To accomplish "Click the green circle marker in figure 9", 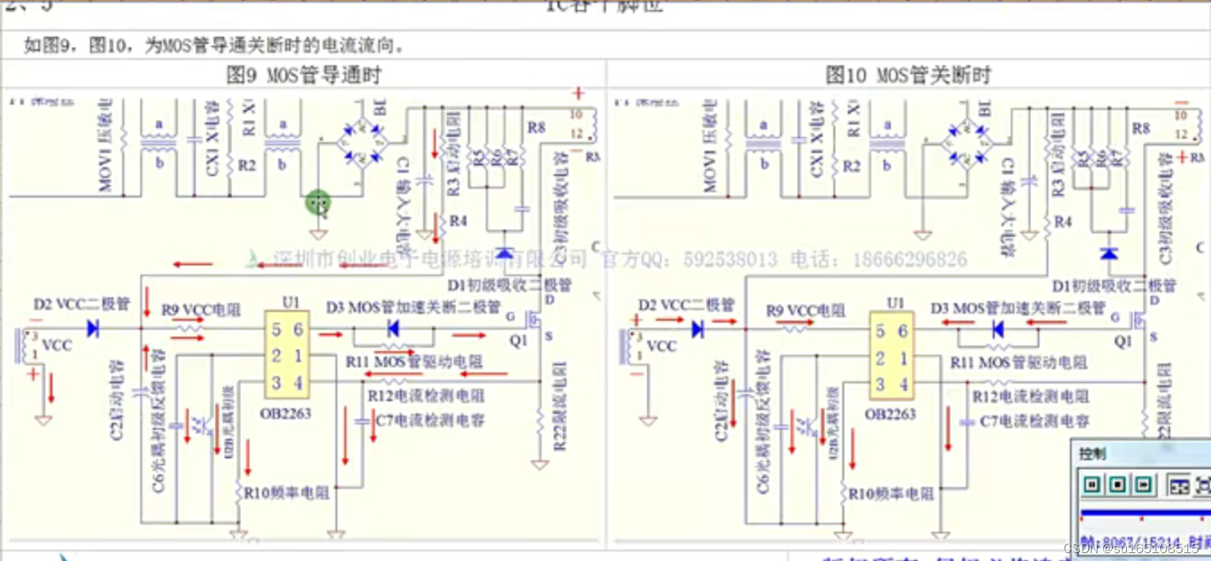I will point(318,203).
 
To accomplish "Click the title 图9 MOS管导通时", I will point(304,76).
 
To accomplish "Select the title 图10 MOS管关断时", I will point(908,76).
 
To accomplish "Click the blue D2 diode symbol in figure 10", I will point(698,328).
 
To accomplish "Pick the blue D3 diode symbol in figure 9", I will point(393,328).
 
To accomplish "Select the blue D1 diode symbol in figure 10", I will point(1109,254).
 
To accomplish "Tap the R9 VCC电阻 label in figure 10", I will point(806,311).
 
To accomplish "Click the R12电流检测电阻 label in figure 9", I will point(427,395).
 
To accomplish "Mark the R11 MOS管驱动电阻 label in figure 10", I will point(1019,362).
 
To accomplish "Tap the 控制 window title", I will point(1092,454).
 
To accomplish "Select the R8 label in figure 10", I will point(1141,128).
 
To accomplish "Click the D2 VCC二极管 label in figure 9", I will point(82,304).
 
